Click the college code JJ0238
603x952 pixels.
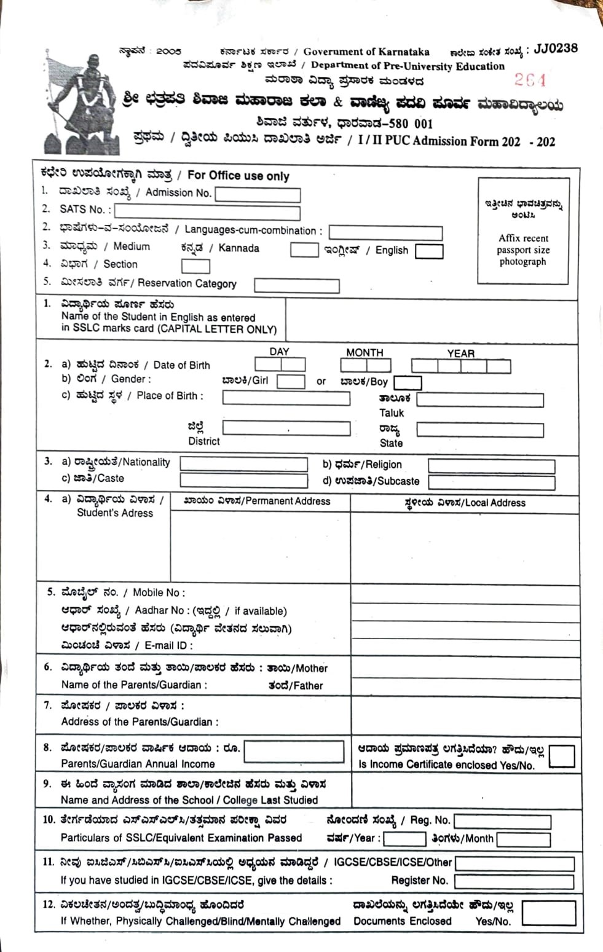tap(556, 49)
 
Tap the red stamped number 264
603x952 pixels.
tap(530, 80)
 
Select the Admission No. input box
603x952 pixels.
tap(258, 195)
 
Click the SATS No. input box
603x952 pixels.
tap(207, 212)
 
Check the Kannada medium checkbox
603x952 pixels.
tap(304, 250)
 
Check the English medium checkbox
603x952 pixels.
tap(428, 251)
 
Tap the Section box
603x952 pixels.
tap(195, 266)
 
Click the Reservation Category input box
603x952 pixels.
tap(296, 286)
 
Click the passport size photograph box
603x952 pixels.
tap(522, 231)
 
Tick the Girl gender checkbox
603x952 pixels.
tap(290, 382)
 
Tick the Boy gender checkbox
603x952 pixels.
tap(407, 383)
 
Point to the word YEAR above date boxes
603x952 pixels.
tap(460, 353)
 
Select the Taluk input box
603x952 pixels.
tap(479, 400)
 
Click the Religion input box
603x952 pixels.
tap(491, 466)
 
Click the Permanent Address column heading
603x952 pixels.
tap(257, 502)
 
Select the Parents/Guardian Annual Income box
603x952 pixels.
tap(294, 752)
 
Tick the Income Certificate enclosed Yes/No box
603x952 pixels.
tap(561, 757)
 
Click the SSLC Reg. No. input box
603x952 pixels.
tap(502, 822)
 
